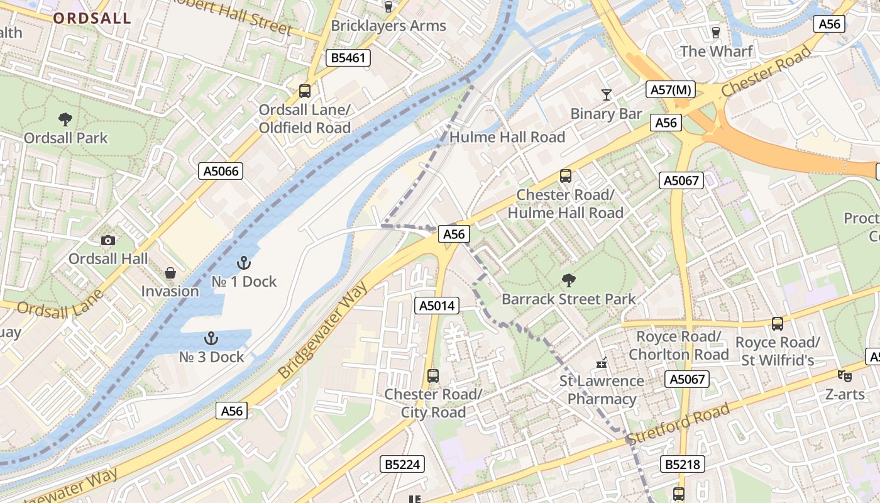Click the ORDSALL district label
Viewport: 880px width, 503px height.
click(92, 18)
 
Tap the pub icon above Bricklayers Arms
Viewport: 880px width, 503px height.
click(388, 7)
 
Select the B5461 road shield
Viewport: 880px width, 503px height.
click(348, 58)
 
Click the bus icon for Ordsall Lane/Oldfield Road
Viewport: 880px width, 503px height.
click(305, 91)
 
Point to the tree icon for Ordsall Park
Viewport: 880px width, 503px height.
click(65, 119)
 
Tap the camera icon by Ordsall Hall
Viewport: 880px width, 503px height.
click(107, 240)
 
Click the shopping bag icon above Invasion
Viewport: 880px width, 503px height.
click(170, 273)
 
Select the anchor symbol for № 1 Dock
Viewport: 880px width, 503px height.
click(243, 263)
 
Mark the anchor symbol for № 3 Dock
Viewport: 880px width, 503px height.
click(211, 339)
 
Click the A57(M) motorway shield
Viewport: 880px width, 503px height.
click(671, 90)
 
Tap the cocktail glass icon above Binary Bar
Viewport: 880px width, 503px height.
click(606, 95)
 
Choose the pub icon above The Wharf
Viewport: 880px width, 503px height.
click(715, 32)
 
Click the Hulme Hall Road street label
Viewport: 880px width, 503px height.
click(507, 137)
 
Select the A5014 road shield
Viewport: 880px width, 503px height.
click(437, 306)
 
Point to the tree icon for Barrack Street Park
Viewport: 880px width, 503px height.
click(569, 280)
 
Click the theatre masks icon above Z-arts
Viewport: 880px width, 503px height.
click(845, 376)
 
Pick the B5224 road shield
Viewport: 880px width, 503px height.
click(402, 465)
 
